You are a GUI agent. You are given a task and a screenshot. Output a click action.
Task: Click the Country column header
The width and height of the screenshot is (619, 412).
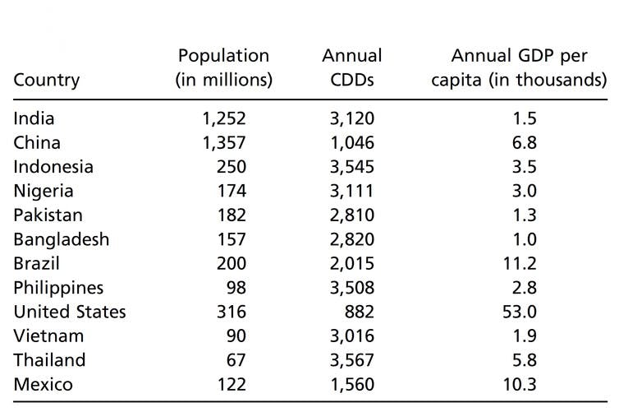47,80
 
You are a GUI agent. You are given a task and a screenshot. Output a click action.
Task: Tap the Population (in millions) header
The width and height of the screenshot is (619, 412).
224,67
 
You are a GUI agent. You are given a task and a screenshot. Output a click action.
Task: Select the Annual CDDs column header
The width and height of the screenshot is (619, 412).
352,67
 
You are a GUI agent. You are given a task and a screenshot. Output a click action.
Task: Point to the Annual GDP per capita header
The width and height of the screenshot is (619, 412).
519,67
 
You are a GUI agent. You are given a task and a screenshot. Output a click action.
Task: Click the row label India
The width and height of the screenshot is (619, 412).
34,118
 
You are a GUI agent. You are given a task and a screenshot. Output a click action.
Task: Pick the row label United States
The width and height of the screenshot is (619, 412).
70,312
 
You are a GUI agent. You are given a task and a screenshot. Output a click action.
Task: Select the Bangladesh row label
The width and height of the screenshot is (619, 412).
62,239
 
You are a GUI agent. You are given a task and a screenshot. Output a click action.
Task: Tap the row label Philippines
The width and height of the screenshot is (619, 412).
58,288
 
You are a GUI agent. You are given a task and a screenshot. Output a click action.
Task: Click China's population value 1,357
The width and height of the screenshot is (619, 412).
224,143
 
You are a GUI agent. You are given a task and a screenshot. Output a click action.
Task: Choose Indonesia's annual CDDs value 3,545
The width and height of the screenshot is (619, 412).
352,167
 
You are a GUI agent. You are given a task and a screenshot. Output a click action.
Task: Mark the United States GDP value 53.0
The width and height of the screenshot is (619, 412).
520,312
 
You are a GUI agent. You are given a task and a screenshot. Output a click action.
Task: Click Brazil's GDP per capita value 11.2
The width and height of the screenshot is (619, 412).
520,264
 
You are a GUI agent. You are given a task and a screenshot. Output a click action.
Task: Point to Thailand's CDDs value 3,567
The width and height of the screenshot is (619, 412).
352,360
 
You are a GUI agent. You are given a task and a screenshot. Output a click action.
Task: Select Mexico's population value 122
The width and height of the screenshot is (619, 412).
232,384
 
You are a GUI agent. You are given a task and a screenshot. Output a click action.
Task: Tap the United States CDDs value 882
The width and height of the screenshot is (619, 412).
360,312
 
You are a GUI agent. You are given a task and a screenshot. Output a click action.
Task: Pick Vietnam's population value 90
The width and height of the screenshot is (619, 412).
236,336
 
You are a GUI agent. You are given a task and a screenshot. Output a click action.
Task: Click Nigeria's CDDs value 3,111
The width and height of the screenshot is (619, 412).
352,191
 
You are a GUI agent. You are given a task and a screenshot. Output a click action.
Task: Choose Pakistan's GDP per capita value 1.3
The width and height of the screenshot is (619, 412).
525,215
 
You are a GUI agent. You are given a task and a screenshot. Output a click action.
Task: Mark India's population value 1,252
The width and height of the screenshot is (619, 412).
224,118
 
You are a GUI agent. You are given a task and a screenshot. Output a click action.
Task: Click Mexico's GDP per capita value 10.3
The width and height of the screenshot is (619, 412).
520,384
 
